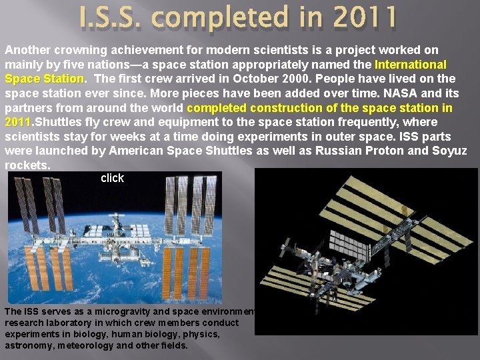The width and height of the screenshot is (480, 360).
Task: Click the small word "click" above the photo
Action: click(x=112, y=178)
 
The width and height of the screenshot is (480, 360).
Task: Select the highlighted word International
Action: click(x=411, y=65)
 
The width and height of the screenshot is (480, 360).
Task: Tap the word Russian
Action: click(x=342, y=150)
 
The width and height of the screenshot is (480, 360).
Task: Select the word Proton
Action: click(x=387, y=150)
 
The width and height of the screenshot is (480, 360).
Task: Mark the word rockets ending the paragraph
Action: click(x=27, y=165)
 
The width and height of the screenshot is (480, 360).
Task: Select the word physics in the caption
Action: click(x=203, y=334)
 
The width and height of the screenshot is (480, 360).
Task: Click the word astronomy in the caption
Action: click(x=29, y=345)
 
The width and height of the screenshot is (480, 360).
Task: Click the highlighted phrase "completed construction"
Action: click(x=253, y=108)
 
